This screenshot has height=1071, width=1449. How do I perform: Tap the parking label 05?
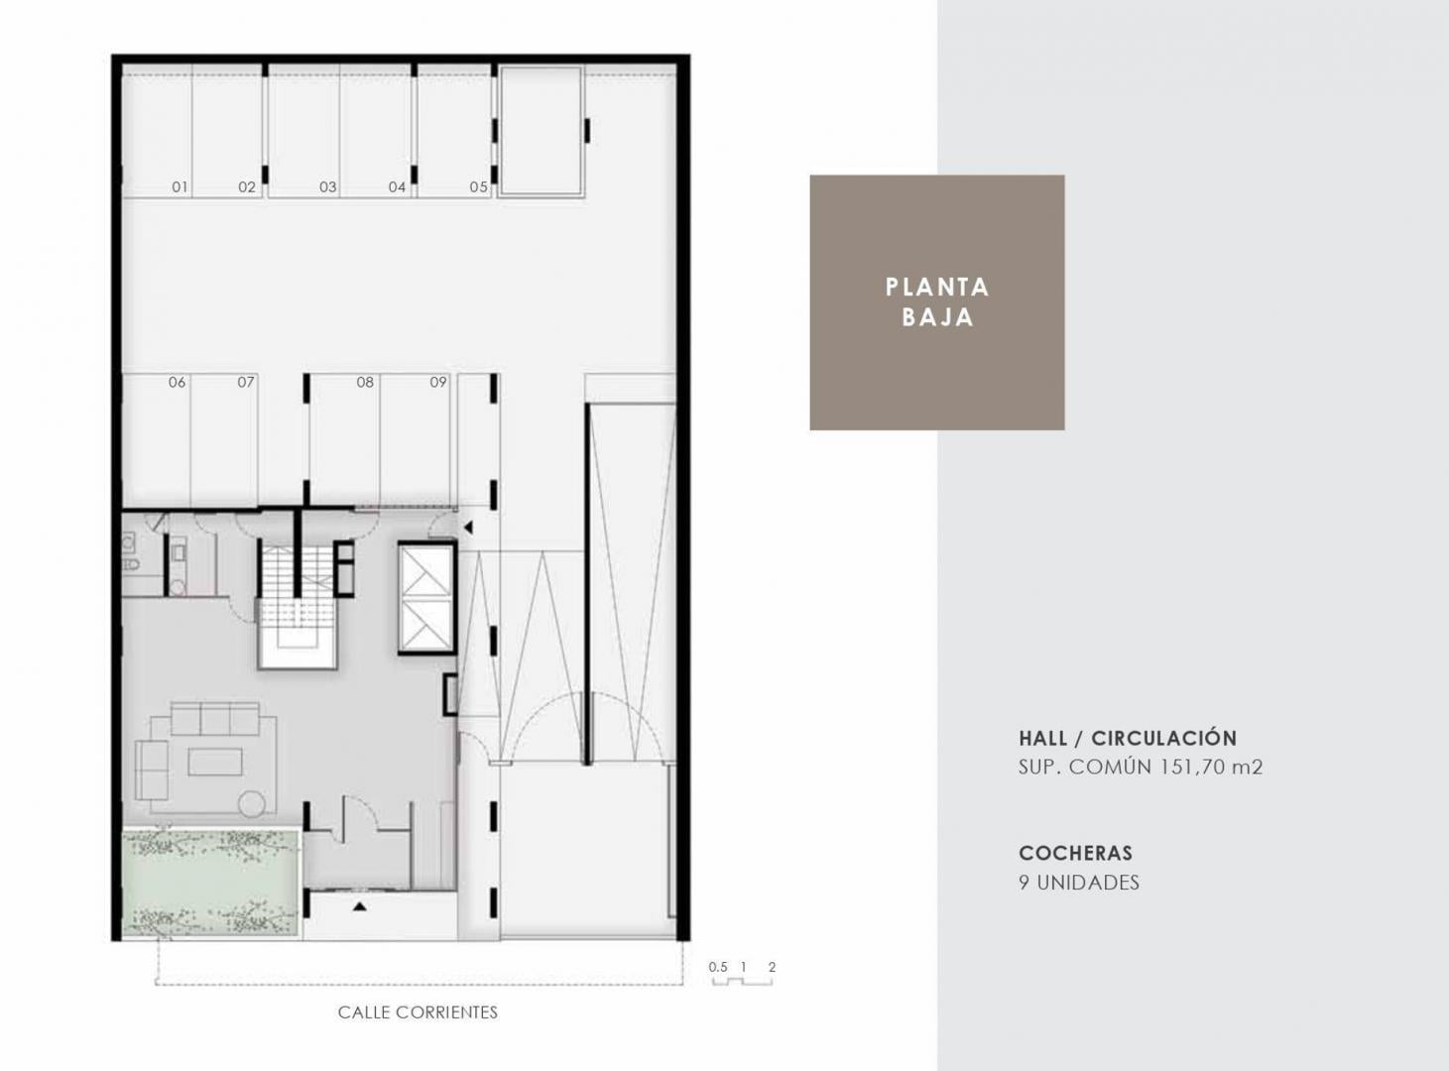tap(478, 186)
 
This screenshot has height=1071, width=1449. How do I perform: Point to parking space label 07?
tap(246, 382)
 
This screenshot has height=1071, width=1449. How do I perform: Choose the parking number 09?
tap(438, 382)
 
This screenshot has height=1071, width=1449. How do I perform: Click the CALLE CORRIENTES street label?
tap(418, 1012)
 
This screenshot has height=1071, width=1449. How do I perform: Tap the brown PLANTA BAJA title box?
tap(937, 301)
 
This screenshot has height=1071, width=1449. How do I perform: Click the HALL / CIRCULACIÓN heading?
tap(1128, 738)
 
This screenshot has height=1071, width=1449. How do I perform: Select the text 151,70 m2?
tap(1211, 767)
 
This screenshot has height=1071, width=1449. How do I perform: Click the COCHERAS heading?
tap(1075, 853)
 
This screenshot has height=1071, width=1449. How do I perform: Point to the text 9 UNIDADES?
tap(1079, 883)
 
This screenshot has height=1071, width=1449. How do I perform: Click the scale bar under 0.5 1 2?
tap(742, 982)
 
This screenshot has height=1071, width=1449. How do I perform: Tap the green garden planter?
tap(211, 883)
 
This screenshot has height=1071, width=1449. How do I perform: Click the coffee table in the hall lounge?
tap(215, 762)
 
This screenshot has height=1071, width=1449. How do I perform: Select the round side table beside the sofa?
tap(252, 803)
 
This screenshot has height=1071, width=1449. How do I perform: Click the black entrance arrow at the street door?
tap(359, 906)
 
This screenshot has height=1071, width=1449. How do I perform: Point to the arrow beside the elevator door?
tap(468, 527)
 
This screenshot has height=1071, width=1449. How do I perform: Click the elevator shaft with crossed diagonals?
tap(425, 597)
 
